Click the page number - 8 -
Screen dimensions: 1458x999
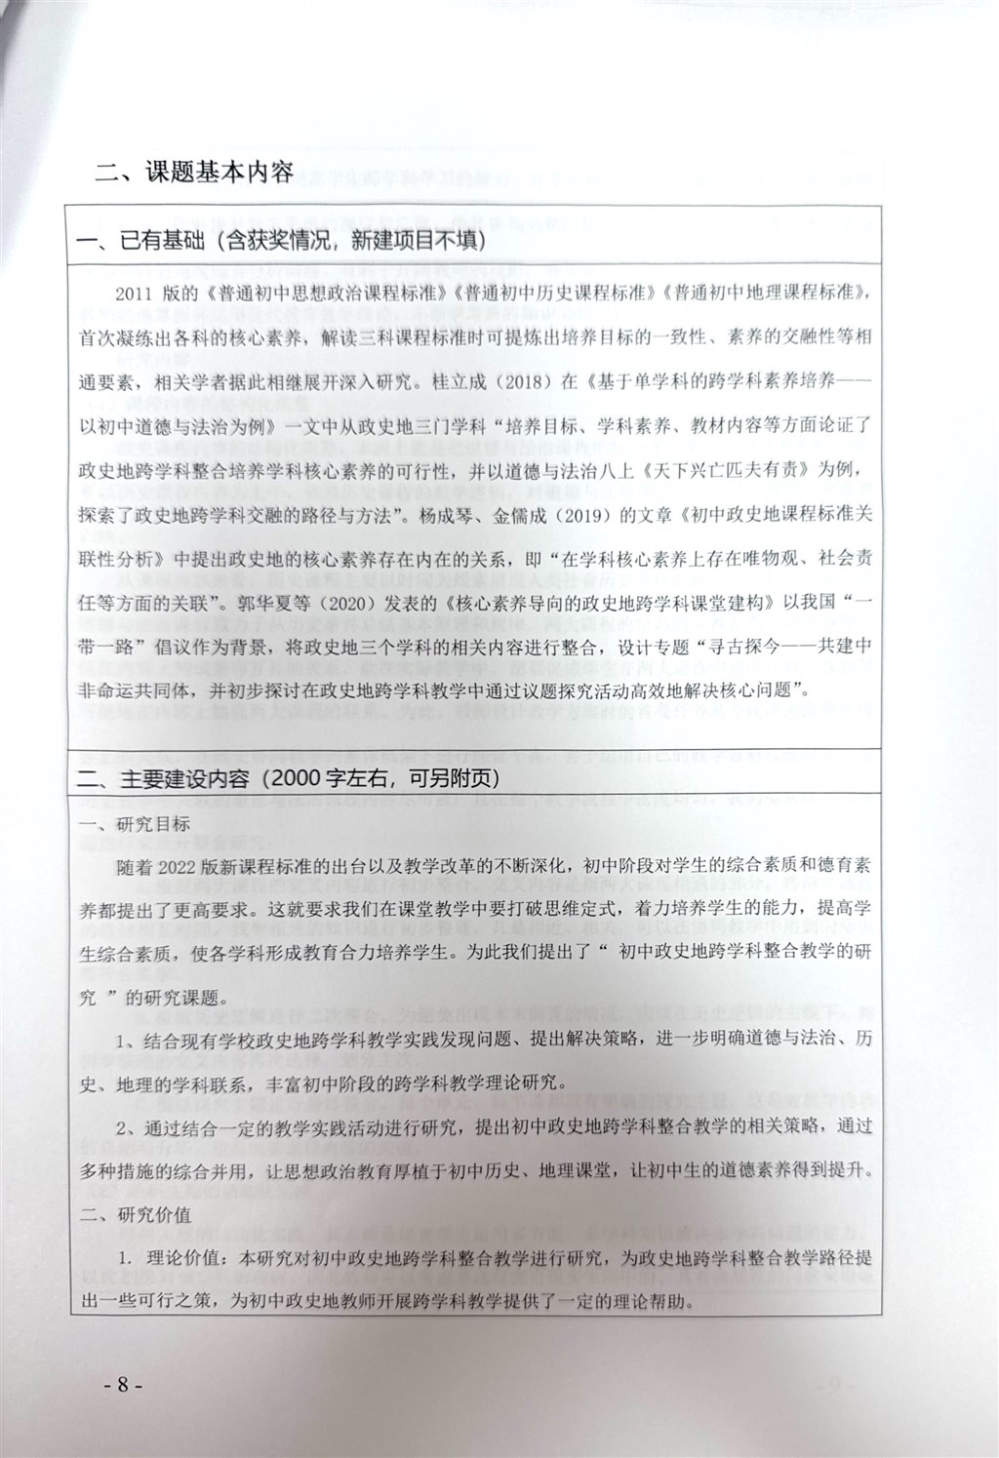[127, 1411]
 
